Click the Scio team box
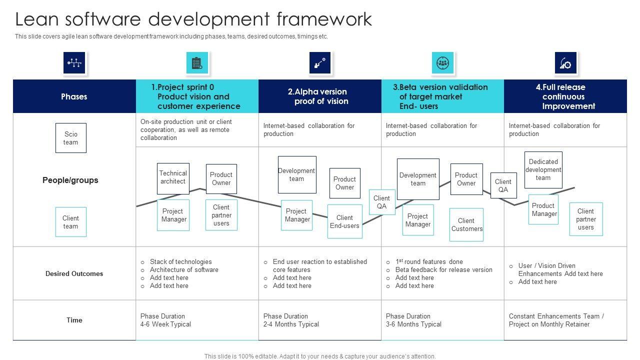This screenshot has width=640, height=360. (x=70, y=138)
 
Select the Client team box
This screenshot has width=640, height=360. (x=70, y=222)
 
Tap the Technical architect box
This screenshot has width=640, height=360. (x=173, y=178)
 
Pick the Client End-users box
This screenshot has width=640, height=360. (x=344, y=221)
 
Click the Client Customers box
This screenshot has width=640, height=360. (x=466, y=224)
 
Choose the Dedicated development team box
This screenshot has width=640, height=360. (x=543, y=170)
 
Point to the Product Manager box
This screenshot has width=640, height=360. (x=543, y=209)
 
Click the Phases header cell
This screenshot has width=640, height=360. (x=74, y=96)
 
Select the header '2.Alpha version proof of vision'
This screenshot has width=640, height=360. (x=319, y=96)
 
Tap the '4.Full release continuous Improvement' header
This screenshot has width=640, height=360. (x=565, y=96)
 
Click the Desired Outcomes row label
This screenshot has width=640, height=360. (x=74, y=273)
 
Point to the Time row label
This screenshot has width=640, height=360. (x=74, y=320)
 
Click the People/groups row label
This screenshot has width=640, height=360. (x=70, y=180)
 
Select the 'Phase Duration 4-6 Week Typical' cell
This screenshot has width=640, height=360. (x=165, y=320)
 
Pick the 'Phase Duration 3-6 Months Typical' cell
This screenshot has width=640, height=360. (x=413, y=320)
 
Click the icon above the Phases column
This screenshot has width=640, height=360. (x=74, y=63)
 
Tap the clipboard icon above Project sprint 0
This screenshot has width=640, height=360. (x=197, y=63)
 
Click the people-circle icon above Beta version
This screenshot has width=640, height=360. (x=442, y=63)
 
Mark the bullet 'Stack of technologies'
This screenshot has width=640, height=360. (x=180, y=261)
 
